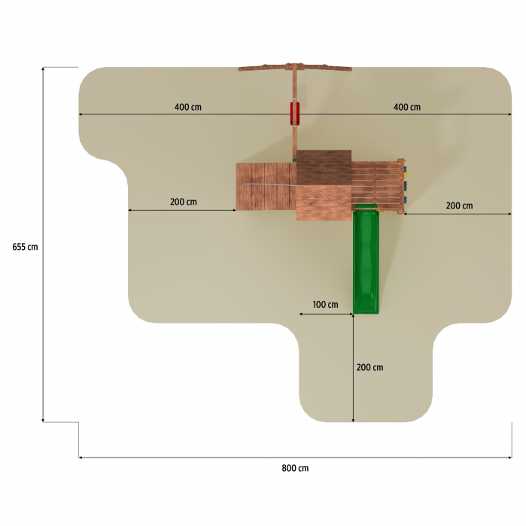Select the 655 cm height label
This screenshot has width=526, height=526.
point(25,247)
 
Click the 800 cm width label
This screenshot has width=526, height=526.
point(295,468)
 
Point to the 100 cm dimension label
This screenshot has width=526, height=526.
point(325,305)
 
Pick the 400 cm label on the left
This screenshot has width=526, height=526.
point(187,107)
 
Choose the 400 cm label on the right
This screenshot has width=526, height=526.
point(406,107)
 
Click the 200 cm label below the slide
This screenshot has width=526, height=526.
point(369,367)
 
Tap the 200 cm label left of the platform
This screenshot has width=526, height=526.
point(183,202)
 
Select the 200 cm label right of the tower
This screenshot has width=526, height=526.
point(459,205)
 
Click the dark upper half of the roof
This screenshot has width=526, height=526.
point(324,167)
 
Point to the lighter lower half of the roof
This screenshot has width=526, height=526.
point(324,202)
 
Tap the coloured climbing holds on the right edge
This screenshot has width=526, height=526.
point(403,185)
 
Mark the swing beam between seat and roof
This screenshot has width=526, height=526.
point(295,139)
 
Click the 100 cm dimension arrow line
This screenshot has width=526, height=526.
point(325,314)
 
